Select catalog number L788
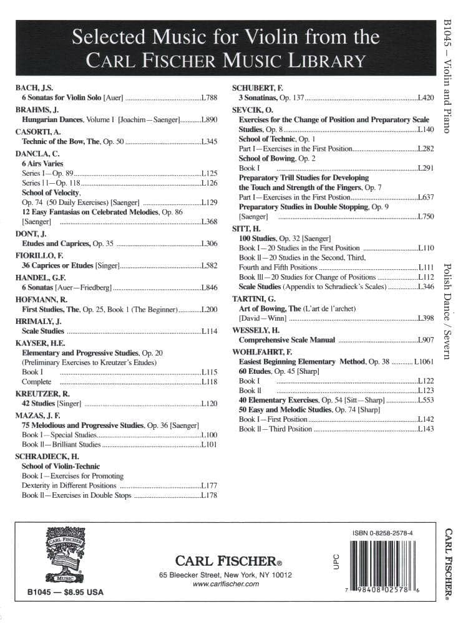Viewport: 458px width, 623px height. (x=210, y=98)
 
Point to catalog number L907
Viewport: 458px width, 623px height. (x=426, y=340)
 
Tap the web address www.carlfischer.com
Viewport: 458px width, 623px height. (x=225, y=584)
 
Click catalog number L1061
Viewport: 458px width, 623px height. (x=424, y=361)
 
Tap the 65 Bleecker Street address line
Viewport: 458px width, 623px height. (x=225, y=574)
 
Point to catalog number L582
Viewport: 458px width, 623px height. (x=210, y=265)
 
